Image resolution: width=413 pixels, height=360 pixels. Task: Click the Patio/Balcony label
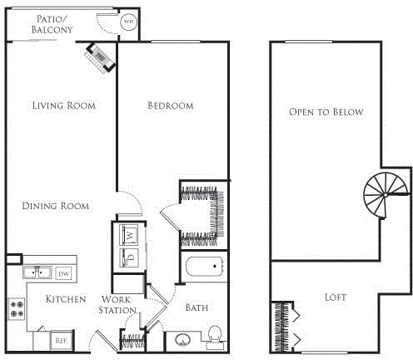coord(52,24)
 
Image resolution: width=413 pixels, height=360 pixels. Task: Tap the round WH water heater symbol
coord(128,23)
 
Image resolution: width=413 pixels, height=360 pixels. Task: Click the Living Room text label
coord(63,106)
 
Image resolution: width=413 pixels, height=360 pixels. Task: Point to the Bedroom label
coord(170,106)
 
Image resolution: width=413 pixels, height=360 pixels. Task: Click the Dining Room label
coord(56,206)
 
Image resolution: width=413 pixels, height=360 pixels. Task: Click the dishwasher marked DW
coord(64,272)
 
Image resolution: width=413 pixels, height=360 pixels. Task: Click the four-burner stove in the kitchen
coord(16,309)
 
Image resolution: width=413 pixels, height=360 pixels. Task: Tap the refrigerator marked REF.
coord(61,340)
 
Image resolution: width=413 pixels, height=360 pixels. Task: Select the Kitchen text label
coord(66,299)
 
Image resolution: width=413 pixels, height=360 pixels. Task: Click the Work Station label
coord(119,304)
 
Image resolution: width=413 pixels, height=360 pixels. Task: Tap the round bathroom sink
coord(182,340)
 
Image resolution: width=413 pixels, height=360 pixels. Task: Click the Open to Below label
coord(326,112)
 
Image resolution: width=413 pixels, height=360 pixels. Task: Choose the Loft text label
coord(336,297)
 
